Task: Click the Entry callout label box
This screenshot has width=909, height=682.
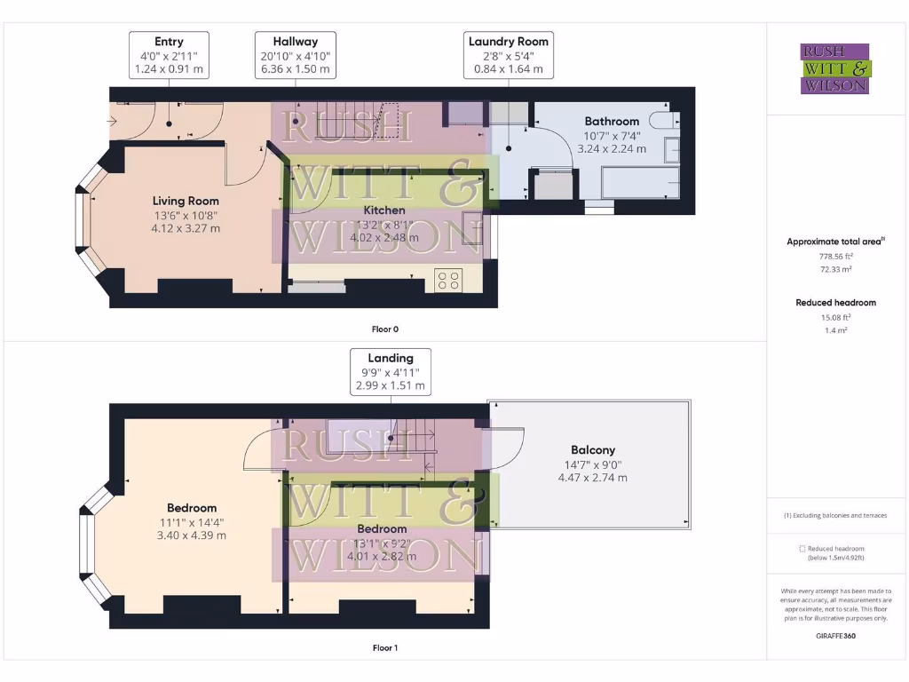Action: [170, 55]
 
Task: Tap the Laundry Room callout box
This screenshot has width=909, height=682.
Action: [508, 55]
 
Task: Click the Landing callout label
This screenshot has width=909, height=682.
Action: [391, 372]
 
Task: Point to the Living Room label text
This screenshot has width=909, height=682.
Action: [186, 201]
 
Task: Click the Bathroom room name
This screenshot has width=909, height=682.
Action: [611, 122]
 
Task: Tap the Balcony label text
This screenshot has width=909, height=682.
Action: [593, 450]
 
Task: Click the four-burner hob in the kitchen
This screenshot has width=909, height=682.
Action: [448, 281]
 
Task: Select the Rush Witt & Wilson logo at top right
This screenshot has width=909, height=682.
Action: [834, 69]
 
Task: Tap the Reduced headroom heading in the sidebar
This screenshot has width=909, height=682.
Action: [835, 303]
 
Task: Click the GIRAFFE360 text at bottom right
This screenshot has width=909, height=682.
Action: [835, 636]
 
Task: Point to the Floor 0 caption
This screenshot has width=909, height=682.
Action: [384, 329]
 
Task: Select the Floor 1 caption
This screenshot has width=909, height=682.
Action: [384, 648]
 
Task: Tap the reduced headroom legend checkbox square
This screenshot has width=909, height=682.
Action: [802, 549]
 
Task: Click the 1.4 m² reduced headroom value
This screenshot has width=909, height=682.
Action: [834, 329]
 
